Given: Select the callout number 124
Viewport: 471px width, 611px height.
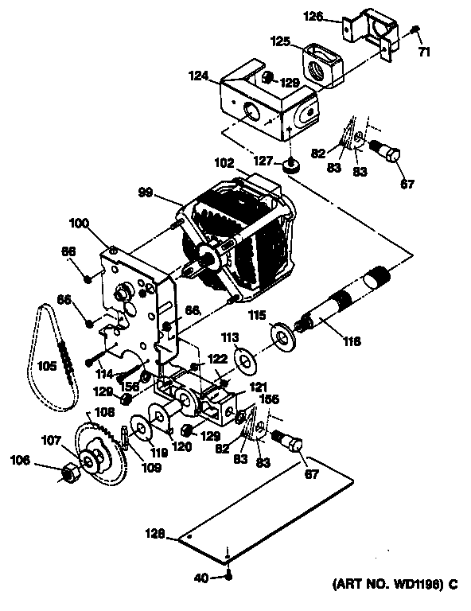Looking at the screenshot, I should click(200, 76).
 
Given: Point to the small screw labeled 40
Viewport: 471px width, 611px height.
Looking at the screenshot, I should click(228, 576).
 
